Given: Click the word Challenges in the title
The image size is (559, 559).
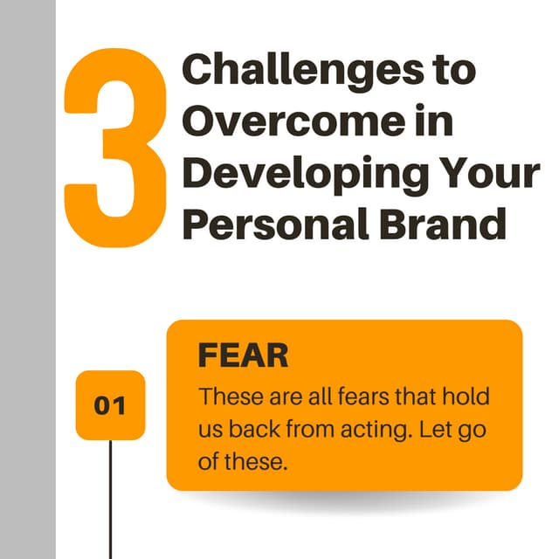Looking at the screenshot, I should pyautogui.click(x=282, y=69).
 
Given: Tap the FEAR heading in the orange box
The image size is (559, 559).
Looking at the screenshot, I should pyautogui.click(x=244, y=356).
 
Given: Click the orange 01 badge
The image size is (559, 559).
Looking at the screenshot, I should pyautogui.click(x=110, y=406).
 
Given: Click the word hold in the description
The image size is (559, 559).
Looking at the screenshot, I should pyautogui.click(x=466, y=397).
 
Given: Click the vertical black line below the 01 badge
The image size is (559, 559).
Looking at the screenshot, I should pyautogui.click(x=110, y=498).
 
